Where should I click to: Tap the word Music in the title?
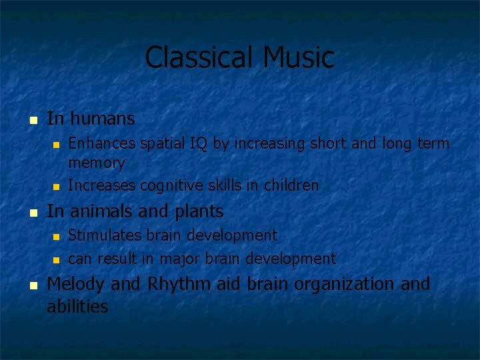coord(298,57)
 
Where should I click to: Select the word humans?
coord(102,119)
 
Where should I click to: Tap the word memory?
coord(97,163)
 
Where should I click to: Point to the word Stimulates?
coord(101,235)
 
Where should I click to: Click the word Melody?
coord(76,284)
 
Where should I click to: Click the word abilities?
coord(77,307)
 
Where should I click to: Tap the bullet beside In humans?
coord(32,121)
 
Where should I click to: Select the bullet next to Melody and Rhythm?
coord(32,285)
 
